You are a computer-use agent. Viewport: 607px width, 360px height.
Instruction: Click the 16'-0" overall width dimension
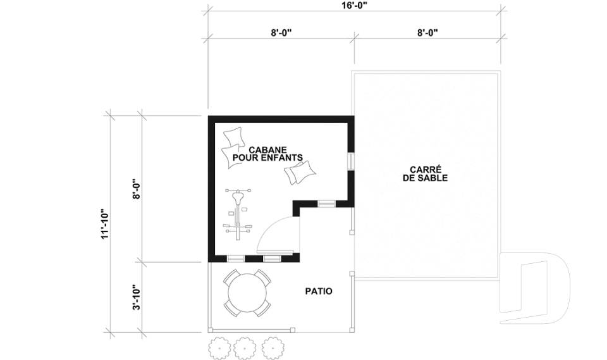pos(354,5)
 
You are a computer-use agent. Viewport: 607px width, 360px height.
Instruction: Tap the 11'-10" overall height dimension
pos(105,225)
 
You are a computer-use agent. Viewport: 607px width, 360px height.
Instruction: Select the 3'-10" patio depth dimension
pos(137,297)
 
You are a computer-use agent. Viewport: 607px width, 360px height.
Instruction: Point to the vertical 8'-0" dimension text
pos(137,189)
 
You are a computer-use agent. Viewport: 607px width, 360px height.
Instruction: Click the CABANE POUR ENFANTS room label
pos(267,154)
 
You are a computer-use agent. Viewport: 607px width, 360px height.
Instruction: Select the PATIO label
pos(319,291)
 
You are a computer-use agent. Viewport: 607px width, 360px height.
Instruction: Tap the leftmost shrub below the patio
pos(219,349)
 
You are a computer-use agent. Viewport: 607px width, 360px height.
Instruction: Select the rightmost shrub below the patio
pos(273,349)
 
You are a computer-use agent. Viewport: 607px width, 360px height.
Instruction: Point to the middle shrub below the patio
pos(246,349)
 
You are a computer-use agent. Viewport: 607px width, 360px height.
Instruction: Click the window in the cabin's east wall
pos(351,161)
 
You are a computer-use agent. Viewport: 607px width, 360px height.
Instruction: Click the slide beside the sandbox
pos(534,288)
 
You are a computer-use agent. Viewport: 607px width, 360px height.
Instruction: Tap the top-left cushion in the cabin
pos(234,137)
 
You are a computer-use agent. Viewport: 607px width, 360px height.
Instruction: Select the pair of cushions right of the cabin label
pos(300,173)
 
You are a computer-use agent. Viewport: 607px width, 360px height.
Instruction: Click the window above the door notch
pos(326,204)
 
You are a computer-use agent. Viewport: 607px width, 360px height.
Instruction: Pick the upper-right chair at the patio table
pos(263,278)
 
